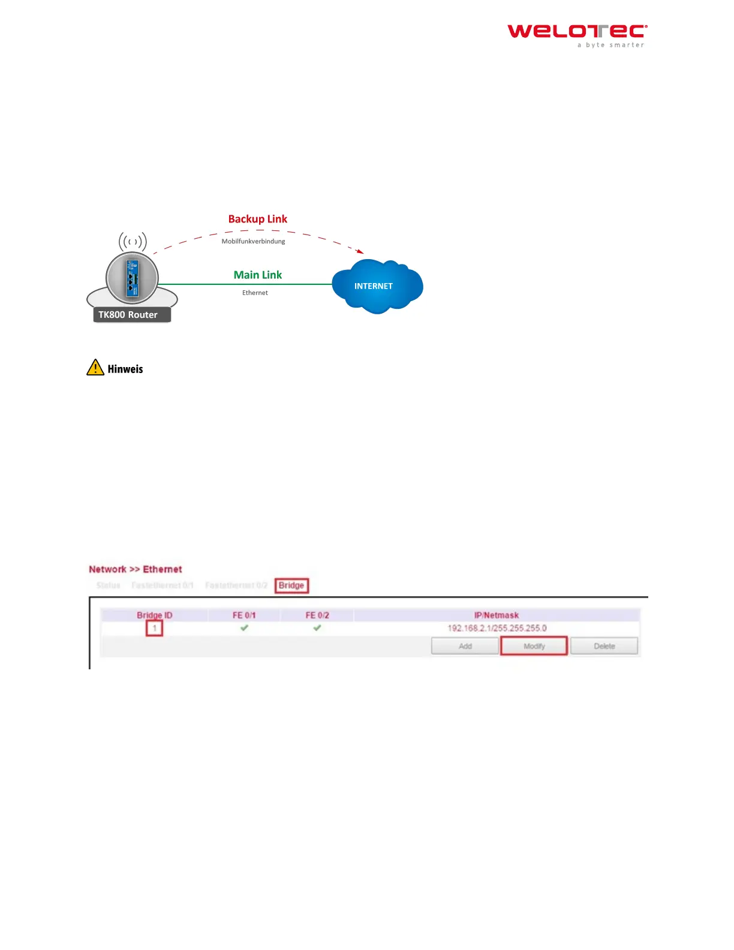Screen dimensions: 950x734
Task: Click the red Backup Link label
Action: [x=257, y=219]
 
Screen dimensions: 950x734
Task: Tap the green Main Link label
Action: [x=257, y=275]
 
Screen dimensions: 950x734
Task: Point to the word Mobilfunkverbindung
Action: [x=253, y=241]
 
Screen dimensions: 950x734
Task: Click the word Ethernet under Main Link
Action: [x=255, y=293]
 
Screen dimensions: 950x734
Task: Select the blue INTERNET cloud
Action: [x=377, y=286]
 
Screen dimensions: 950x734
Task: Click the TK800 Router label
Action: [x=128, y=315]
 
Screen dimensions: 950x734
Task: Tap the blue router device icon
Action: [x=132, y=278]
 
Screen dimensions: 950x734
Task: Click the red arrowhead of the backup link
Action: [x=360, y=251]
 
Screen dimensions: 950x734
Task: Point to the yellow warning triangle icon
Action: [x=95, y=368]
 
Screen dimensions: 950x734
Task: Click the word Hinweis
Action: [x=125, y=369]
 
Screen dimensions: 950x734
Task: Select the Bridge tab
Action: [x=291, y=585]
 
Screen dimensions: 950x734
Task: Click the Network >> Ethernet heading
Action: [x=136, y=569]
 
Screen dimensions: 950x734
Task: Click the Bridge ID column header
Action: [x=154, y=615]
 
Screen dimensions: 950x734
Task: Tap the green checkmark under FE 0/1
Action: [x=244, y=628]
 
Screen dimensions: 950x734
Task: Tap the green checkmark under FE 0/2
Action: [x=317, y=628]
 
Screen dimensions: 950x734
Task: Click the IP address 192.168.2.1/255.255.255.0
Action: [x=497, y=628]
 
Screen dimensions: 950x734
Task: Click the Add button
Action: [x=465, y=646]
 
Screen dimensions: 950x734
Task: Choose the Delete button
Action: [x=604, y=646]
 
